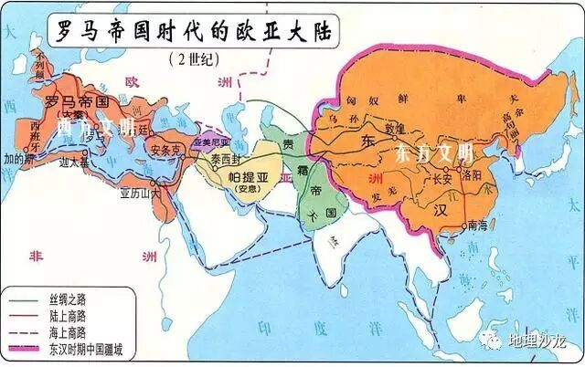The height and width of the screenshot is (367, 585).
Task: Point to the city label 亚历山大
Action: [x=139, y=194]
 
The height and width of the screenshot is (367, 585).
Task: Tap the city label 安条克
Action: [x=165, y=149]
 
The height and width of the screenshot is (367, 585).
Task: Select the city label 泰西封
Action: [x=226, y=157]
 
